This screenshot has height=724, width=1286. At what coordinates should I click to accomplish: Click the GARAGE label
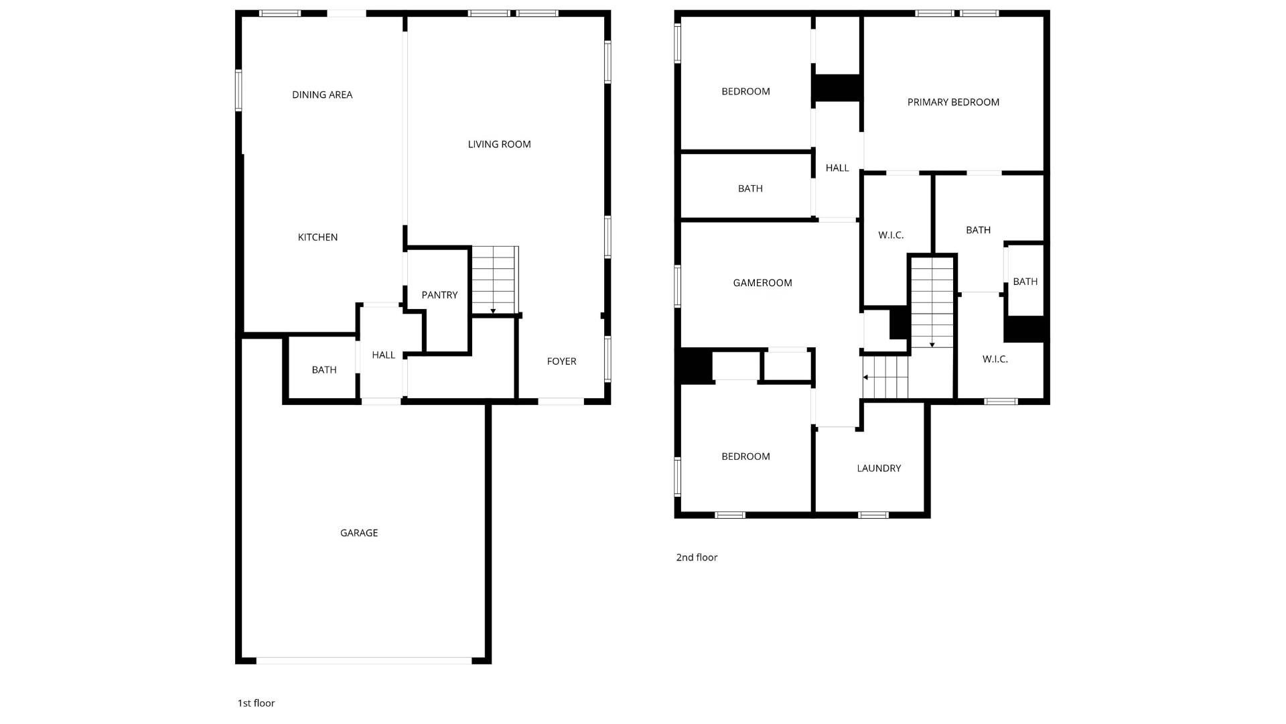tap(359, 533)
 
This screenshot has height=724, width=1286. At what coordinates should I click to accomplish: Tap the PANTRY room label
tap(439, 295)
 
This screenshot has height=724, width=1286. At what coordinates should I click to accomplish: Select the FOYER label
tap(561, 361)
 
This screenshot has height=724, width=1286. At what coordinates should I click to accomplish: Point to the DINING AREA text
tap(322, 95)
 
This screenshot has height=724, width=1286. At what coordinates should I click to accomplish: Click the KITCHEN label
tap(317, 237)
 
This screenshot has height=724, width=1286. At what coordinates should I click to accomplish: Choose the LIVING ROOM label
tap(499, 144)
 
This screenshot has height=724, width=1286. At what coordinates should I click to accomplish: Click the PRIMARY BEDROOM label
tap(953, 102)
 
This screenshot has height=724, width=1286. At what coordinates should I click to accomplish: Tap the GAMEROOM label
tap(762, 283)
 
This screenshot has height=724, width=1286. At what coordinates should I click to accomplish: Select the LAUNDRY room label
tap(879, 468)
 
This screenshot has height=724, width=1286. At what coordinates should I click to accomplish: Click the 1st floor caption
tap(256, 703)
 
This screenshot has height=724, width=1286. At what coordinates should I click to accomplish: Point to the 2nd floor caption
tap(697, 557)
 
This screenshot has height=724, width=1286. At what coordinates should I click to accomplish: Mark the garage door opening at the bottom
tap(364, 661)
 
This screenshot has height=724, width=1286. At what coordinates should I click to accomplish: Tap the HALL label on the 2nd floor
tap(837, 168)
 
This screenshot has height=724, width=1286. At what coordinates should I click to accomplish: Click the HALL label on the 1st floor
tap(383, 355)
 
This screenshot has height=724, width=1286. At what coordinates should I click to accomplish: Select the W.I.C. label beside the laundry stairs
tap(995, 359)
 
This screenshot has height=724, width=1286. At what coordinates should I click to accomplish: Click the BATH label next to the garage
tap(324, 370)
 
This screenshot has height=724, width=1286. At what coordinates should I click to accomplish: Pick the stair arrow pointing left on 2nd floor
tap(866, 377)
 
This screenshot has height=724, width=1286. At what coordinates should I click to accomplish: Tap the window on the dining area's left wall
tap(238, 90)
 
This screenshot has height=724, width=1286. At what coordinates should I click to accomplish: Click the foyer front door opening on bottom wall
tap(561, 402)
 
